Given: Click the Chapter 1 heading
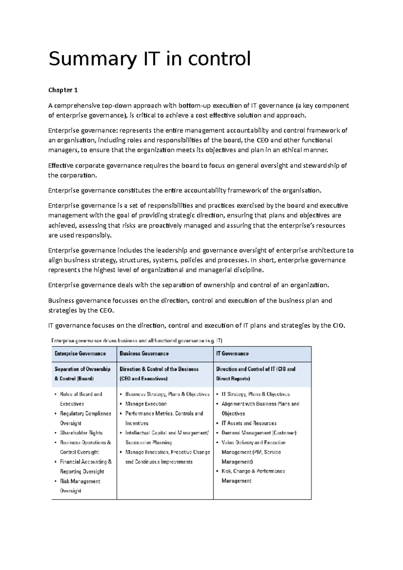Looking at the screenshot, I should pos(63,90).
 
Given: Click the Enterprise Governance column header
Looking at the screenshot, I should pos(80,353).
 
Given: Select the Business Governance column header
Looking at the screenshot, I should pos(144,353).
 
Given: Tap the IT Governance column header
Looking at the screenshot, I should pos(232,353).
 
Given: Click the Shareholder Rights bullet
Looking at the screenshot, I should pos(81,433).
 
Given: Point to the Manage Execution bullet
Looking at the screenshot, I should pos(146,404).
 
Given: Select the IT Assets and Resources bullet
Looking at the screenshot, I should pos(249,423).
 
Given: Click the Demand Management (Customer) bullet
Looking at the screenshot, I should pos(259,433).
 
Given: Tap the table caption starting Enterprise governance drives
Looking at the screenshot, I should pos(137,341).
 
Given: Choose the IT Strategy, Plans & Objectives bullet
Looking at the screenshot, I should pos(256,394).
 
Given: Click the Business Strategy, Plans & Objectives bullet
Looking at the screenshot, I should pos(167,394).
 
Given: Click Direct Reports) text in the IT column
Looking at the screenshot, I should pos(233,379).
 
